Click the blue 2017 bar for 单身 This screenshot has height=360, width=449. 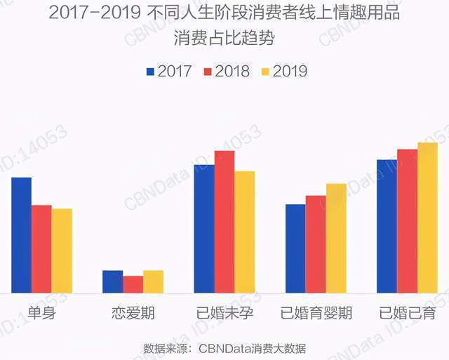point(21,235)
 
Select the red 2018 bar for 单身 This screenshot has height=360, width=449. point(41,249)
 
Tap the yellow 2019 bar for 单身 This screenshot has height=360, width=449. point(62,251)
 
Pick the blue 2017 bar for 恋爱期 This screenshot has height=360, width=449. point(112,281)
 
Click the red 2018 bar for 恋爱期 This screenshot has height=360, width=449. point(133,284)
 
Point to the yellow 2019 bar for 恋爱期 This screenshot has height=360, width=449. point(153,281)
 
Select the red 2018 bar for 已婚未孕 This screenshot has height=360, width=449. point(224,222)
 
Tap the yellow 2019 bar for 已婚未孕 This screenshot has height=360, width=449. point(245,232)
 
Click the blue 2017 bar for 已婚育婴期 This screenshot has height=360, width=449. point(295,248)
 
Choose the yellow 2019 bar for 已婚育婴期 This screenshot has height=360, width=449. point(336,239)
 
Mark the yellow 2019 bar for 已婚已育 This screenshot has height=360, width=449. point(427,218)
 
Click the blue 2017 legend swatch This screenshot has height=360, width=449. point(150,72)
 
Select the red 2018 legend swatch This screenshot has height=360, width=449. point(207,72)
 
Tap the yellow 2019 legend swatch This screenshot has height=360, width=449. point(264,72)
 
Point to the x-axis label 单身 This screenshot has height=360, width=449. point(41,313)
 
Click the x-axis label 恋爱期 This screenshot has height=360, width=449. point(133,313)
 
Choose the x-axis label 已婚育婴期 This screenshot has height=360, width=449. point(316,313)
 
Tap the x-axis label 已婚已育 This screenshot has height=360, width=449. point(407,313)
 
